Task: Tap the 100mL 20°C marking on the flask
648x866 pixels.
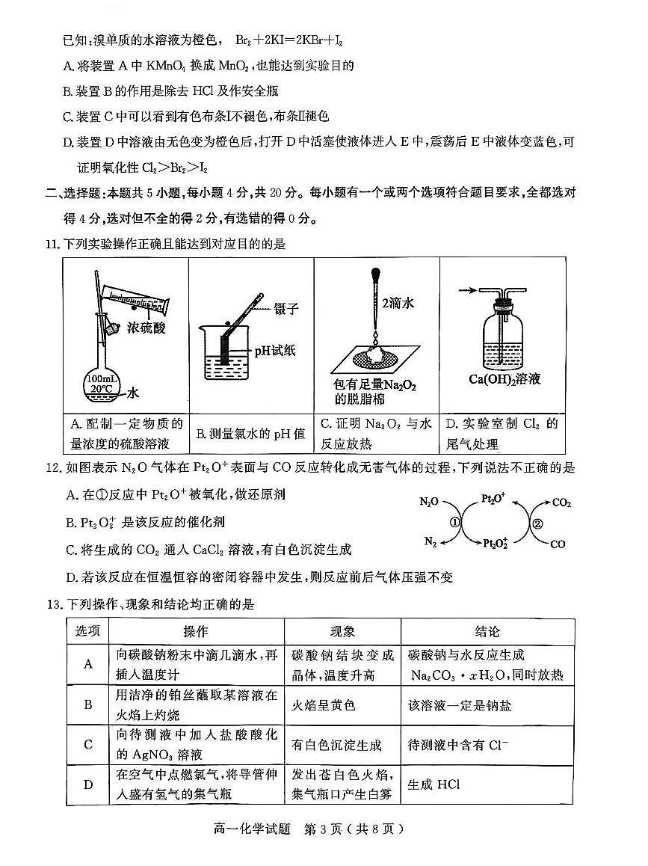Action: tap(103, 384)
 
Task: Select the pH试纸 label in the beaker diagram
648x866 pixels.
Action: tap(276, 350)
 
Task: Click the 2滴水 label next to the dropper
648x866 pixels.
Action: tap(398, 303)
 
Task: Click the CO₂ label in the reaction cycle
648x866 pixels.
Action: tap(562, 503)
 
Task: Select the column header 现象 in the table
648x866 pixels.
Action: tap(342, 630)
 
